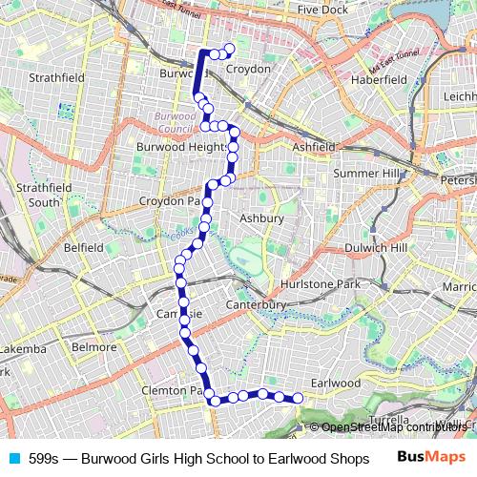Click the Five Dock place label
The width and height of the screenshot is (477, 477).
[x=321, y=10]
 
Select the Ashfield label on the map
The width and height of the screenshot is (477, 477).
[x=314, y=148]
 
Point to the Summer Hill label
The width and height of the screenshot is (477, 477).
[x=368, y=174]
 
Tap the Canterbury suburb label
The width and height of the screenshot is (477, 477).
[x=257, y=305]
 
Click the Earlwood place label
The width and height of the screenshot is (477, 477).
[x=336, y=383]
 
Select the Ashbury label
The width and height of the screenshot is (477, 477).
[x=261, y=218]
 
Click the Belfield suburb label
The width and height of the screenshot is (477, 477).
[x=83, y=247]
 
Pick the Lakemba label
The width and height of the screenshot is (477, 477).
[x=23, y=349]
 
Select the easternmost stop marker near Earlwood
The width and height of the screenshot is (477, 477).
[x=298, y=399]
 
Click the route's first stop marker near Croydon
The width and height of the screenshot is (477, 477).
[x=229, y=50]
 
